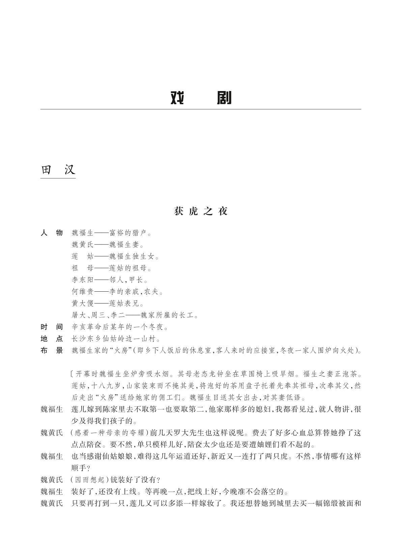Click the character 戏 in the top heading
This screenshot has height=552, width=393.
pos(177,98)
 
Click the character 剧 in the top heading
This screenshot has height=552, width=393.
pos(224,98)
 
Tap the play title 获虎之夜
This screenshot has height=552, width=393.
pos(201,211)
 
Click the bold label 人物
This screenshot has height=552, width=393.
pos(52,233)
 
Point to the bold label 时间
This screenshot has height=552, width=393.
pos(52,327)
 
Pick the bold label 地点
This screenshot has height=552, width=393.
pos(52,339)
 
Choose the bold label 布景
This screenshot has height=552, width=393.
pos(52,350)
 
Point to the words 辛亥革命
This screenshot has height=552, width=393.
pos(87,327)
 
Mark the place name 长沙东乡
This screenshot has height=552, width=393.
pos(87,339)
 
